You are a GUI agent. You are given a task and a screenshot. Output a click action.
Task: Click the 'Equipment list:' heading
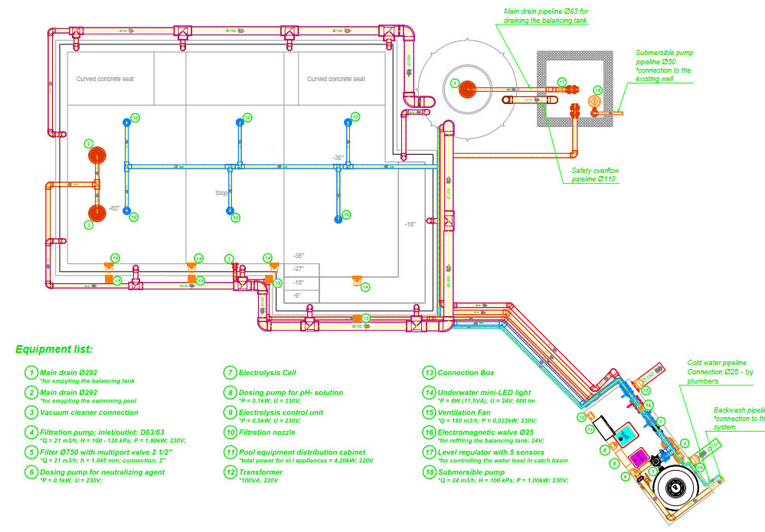pyautogui.click(x=54, y=350)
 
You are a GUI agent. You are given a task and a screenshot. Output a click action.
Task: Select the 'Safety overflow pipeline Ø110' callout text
pyautogui.click(x=595, y=175)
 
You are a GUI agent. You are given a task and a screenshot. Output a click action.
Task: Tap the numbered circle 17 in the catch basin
pyautogui.click(x=561, y=82)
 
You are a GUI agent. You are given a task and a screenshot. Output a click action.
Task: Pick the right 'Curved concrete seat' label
pyautogui.click(x=335, y=79)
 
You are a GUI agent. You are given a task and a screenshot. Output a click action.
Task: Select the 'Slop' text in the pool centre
pyautogui.click(x=221, y=194)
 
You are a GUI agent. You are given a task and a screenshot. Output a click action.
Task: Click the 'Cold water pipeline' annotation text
pyautogui.click(x=716, y=363)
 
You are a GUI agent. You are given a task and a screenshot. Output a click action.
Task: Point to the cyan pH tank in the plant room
pyautogui.click(x=626, y=434)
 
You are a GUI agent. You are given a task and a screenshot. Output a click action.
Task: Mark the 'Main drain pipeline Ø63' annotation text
pyautogui.click(x=545, y=16)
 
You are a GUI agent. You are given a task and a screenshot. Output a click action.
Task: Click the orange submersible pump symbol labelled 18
pyautogui.click(x=593, y=101)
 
